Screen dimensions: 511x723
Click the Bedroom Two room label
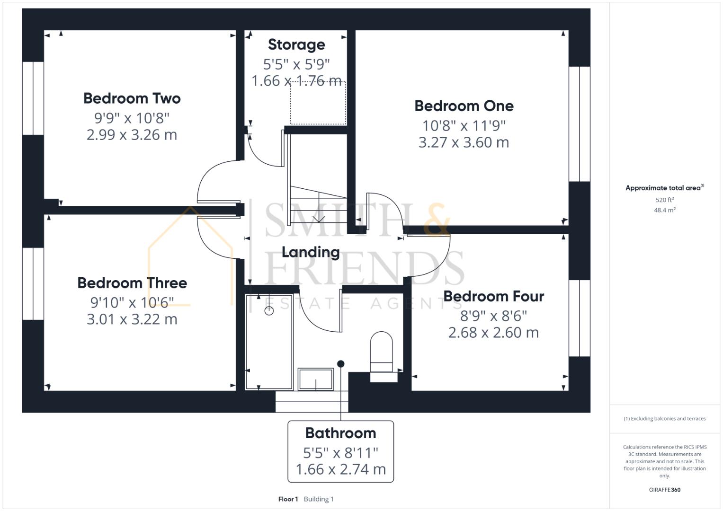tap(132, 98)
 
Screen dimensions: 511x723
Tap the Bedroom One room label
tap(464, 106)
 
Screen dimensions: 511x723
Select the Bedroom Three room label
tap(132, 283)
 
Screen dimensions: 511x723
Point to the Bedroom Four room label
tap(493, 296)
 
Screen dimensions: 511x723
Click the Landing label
tap(311, 252)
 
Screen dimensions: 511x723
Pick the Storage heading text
tap(296, 44)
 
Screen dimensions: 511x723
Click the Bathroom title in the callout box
tap(340, 433)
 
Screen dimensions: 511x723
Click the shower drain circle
tap(269, 311)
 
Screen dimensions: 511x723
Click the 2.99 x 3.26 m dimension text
tap(132, 135)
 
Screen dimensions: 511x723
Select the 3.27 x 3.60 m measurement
tap(464, 142)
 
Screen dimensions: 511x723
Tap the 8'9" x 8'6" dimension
tap(493, 315)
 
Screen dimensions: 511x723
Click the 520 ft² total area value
tap(664, 200)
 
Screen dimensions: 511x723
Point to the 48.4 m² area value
tap(664, 210)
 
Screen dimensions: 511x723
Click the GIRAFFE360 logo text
tap(664, 490)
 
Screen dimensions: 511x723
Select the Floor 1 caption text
tap(288, 499)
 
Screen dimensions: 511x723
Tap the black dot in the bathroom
tap(340, 364)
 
